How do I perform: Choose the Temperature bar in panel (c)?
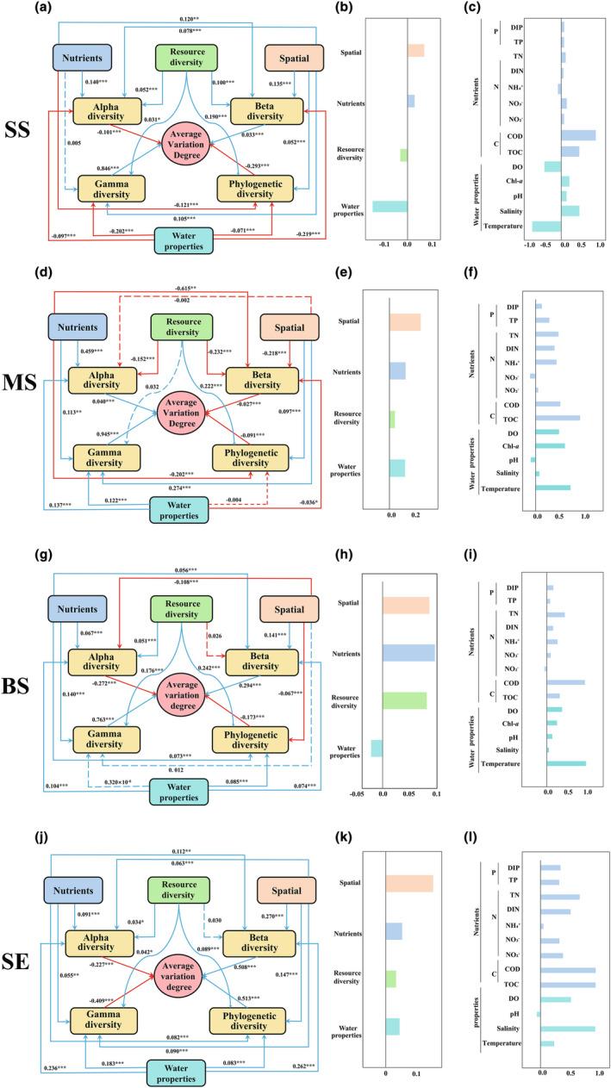546,226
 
